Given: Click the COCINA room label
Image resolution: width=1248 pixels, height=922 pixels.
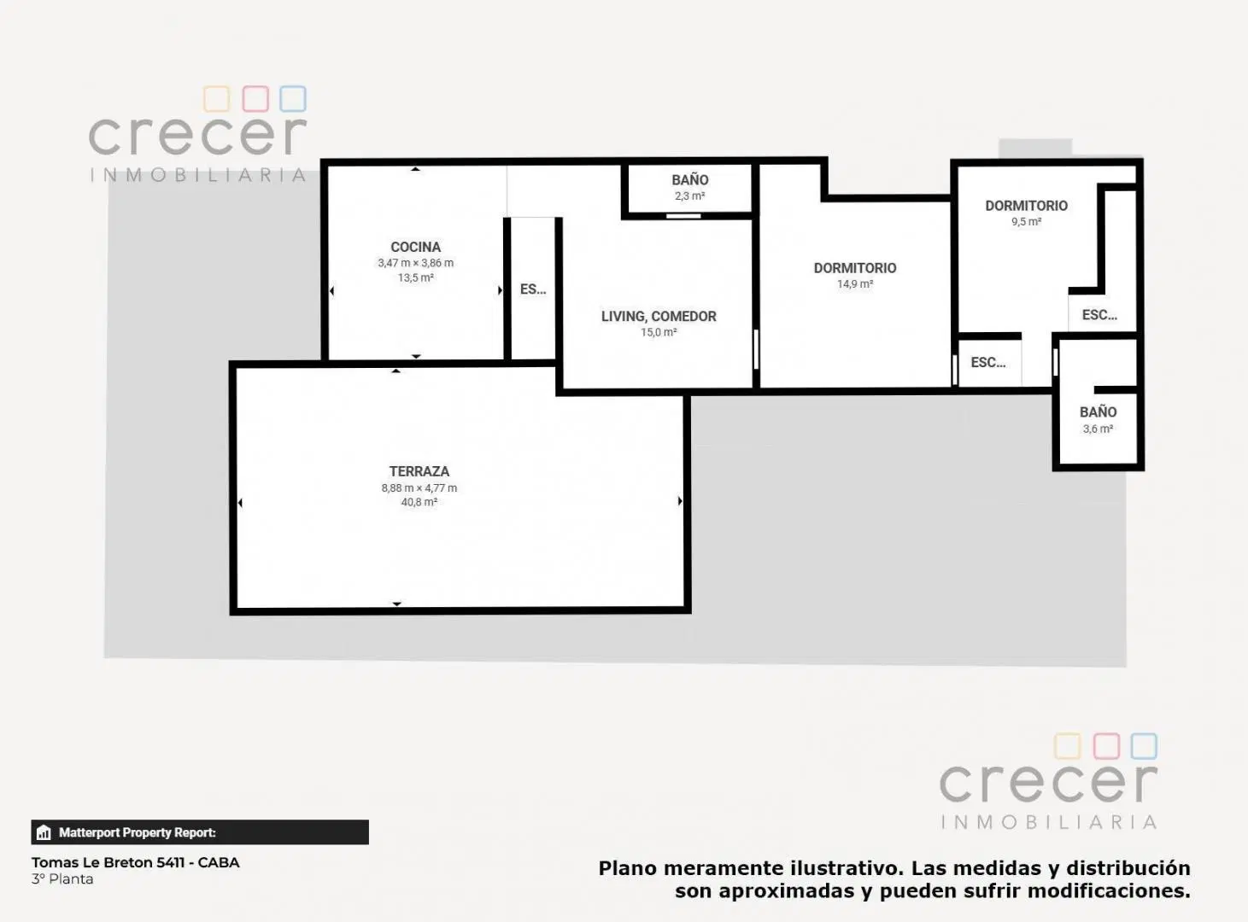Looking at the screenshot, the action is (415, 247).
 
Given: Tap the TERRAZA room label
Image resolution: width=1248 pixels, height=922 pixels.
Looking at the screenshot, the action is (419, 471).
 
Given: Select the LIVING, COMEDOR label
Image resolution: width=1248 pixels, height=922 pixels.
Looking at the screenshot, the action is (659, 317).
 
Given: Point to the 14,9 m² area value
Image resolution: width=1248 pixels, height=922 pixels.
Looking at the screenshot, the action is (855, 284).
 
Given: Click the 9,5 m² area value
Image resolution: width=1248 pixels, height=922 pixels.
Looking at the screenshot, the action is (1026, 222).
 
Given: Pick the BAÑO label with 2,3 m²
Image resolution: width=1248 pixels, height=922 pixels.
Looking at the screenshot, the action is (690, 180).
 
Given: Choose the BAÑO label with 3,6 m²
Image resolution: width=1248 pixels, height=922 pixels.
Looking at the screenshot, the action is (1098, 411).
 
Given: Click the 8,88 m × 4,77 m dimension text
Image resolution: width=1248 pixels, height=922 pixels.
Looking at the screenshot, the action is (419, 488).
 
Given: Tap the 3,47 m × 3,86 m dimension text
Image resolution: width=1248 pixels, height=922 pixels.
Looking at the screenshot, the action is (415, 263).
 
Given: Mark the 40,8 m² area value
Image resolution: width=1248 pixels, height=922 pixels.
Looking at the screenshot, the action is (419, 502).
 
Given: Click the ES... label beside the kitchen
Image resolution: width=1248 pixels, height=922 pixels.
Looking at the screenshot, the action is (533, 289).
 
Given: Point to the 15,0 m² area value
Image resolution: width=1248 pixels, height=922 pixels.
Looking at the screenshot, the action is (659, 332).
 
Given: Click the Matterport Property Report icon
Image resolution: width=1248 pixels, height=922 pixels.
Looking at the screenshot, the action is (44, 832).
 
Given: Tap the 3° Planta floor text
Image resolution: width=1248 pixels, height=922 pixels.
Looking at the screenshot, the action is (62, 879).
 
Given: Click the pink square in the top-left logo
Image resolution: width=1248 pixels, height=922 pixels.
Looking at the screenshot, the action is (255, 99).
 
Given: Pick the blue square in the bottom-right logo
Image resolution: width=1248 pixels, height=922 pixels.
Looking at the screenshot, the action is (1144, 746).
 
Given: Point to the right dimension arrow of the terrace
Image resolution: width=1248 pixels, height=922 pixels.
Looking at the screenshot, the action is (680, 500).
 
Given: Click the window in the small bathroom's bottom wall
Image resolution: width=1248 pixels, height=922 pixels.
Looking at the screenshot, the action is (683, 216).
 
